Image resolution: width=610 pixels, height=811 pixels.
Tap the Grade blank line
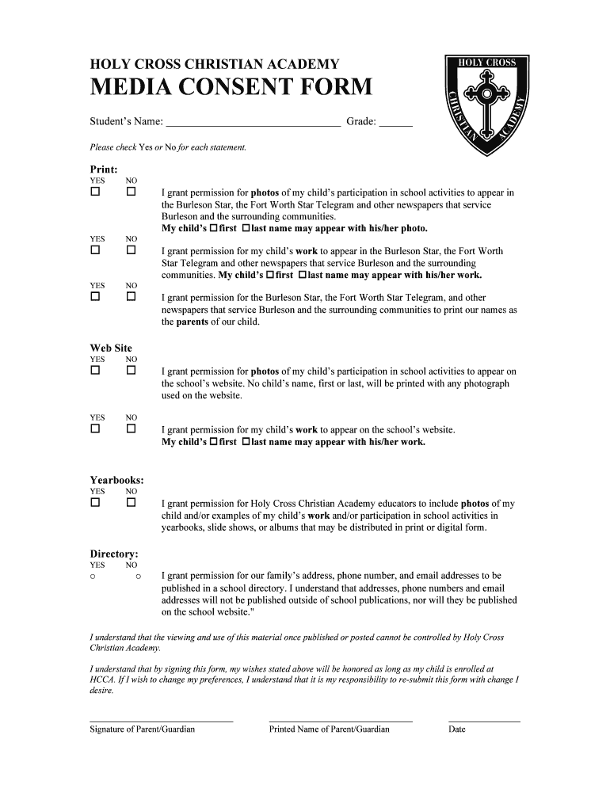pyautogui.click(x=396, y=124)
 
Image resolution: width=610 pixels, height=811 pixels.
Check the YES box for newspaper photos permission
pyautogui.click(x=95, y=192)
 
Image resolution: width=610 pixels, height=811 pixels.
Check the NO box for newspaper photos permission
pyautogui.click(x=131, y=192)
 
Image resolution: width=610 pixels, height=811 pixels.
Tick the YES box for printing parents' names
pyautogui.click(x=95, y=297)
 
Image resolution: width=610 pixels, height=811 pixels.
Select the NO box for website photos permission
pyautogui.click(x=131, y=371)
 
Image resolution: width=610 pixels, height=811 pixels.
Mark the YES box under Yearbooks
pyautogui.click(x=95, y=503)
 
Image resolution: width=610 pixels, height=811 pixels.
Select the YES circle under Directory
pyautogui.click(x=93, y=577)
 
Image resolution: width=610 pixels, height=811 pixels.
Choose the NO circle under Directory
pyautogui.click(x=138, y=577)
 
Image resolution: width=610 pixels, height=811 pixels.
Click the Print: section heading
pyautogui.click(x=104, y=169)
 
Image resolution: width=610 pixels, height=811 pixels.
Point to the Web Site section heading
pyautogui.click(x=111, y=348)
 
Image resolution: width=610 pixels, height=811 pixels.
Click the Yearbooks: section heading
pyautogui.click(x=116, y=480)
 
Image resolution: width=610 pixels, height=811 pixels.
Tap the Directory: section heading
pyautogui.click(x=114, y=554)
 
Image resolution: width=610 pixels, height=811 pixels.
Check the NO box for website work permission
pyautogui.click(x=131, y=429)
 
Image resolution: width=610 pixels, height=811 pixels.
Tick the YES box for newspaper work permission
pyautogui.click(x=95, y=251)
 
